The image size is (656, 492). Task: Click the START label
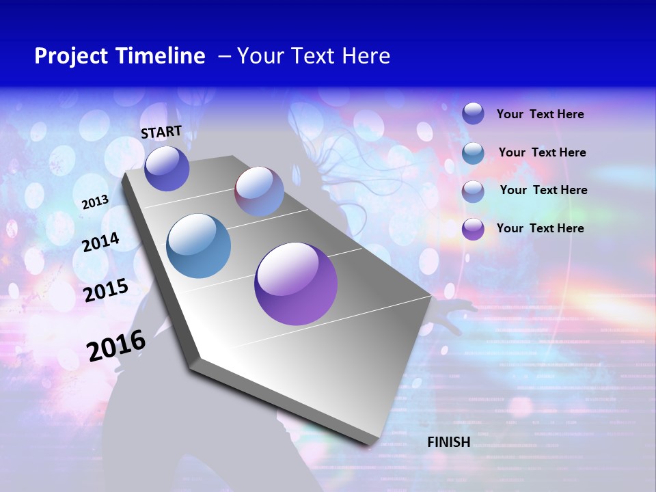[161, 131]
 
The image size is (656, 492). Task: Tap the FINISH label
[449, 442]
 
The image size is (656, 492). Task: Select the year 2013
[96, 202]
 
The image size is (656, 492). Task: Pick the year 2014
[101, 242]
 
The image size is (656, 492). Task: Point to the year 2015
[106, 290]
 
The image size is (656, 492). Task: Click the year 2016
[116, 346]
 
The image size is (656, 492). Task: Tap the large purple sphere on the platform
[296, 284]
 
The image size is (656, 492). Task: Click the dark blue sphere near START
[167, 168]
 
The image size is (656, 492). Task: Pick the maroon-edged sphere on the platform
[260, 191]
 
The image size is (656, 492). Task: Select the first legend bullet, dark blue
[473, 113]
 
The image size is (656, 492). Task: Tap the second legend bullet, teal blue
[473, 153]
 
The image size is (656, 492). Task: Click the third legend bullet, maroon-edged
[473, 191]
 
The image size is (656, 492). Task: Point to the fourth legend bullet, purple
[473, 229]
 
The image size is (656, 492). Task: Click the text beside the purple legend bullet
[540, 228]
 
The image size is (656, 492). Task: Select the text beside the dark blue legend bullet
[540, 114]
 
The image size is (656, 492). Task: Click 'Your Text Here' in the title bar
[313, 56]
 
